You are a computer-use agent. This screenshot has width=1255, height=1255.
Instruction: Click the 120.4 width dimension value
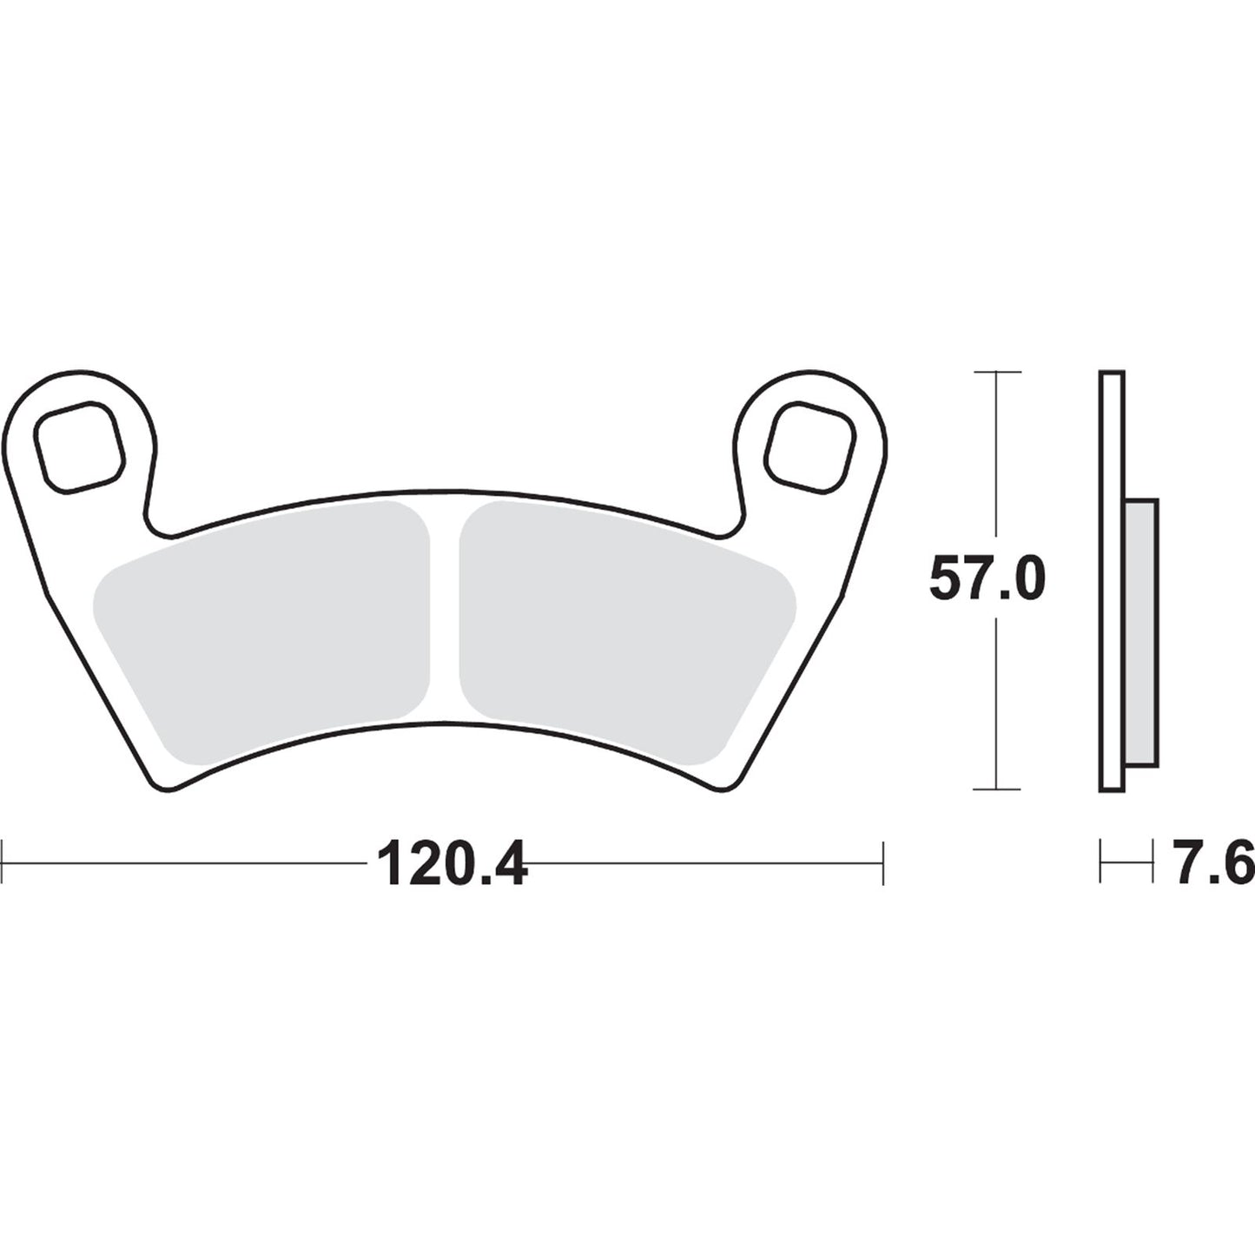tap(452, 863)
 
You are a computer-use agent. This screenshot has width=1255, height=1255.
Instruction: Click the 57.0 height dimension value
tap(987, 579)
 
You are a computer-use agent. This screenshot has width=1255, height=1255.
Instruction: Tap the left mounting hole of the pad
tap(78, 447)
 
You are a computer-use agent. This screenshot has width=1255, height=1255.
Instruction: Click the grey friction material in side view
tap(1140, 634)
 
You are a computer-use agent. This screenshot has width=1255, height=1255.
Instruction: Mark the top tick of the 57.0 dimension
tap(996, 372)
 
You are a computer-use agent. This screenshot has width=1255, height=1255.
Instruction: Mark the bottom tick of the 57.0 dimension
tap(996, 789)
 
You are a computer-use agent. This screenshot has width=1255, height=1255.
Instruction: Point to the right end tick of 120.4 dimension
tap(882, 862)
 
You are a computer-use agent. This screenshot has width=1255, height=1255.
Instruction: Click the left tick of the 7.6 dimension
tap(1100, 862)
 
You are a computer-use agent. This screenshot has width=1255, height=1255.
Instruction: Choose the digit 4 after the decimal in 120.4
tap(507, 863)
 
